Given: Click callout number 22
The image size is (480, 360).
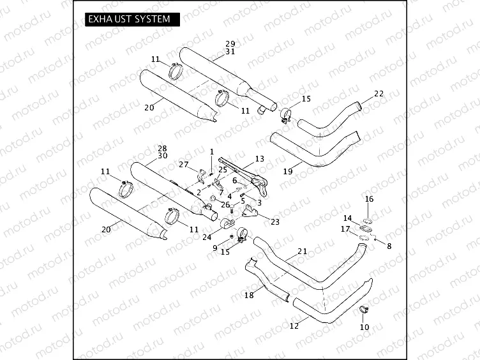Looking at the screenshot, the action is tap(379, 94).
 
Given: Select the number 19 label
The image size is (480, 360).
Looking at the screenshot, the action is tap(288, 171).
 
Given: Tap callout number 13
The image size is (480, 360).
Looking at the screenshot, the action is tap(259, 158).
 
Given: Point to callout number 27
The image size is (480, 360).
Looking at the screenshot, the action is tap(183, 165).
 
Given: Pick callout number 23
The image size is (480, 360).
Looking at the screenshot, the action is tap(275, 222).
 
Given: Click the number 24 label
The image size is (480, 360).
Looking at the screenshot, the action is tap(206, 237).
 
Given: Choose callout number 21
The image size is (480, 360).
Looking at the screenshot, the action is tap(302, 251).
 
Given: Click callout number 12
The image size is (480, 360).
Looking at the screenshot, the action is tap(294, 326).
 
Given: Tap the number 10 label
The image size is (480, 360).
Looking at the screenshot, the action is tap(364, 327).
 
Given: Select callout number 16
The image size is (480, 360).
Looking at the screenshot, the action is tap(369, 199).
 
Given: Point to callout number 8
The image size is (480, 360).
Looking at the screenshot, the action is tap(389, 244).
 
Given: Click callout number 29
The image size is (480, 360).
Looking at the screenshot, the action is tap(230, 44).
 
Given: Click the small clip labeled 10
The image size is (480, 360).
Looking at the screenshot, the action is tap(365, 311).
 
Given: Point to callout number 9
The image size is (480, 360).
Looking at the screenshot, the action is tap(215, 247).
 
